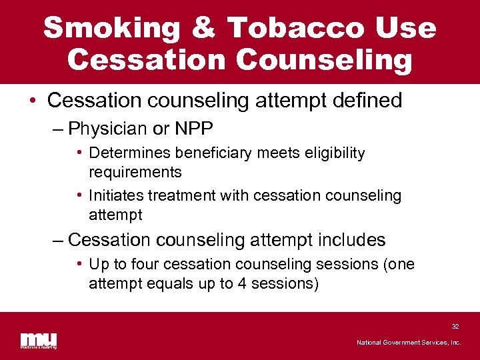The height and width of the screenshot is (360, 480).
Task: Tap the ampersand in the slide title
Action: click(x=207, y=28)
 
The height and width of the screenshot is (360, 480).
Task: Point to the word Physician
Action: click(x=112, y=127)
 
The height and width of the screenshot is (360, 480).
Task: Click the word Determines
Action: click(x=127, y=153)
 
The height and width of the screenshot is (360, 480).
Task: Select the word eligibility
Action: click(x=335, y=153)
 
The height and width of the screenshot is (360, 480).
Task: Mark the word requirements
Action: click(x=135, y=172)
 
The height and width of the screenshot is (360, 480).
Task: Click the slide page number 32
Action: click(x=455, y=327)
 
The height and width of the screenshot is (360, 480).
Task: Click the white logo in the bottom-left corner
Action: click(x=38, y=340)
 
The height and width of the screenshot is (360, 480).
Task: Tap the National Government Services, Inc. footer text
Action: click(x=409, y=343)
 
